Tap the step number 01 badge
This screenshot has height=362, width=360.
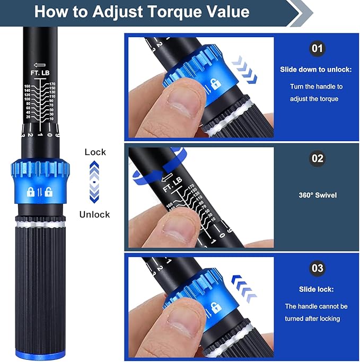317,49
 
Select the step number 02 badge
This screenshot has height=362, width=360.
317,159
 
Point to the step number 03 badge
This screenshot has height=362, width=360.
317,268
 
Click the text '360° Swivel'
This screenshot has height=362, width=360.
317,194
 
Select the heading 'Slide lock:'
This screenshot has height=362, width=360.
316,289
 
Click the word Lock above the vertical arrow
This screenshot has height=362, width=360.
95,152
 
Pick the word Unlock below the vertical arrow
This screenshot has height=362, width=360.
94,214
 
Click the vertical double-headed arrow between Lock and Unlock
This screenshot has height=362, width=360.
94,183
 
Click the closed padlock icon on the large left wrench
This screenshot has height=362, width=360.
31,192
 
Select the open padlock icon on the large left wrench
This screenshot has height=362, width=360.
49,192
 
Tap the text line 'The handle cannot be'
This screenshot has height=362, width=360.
316,306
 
